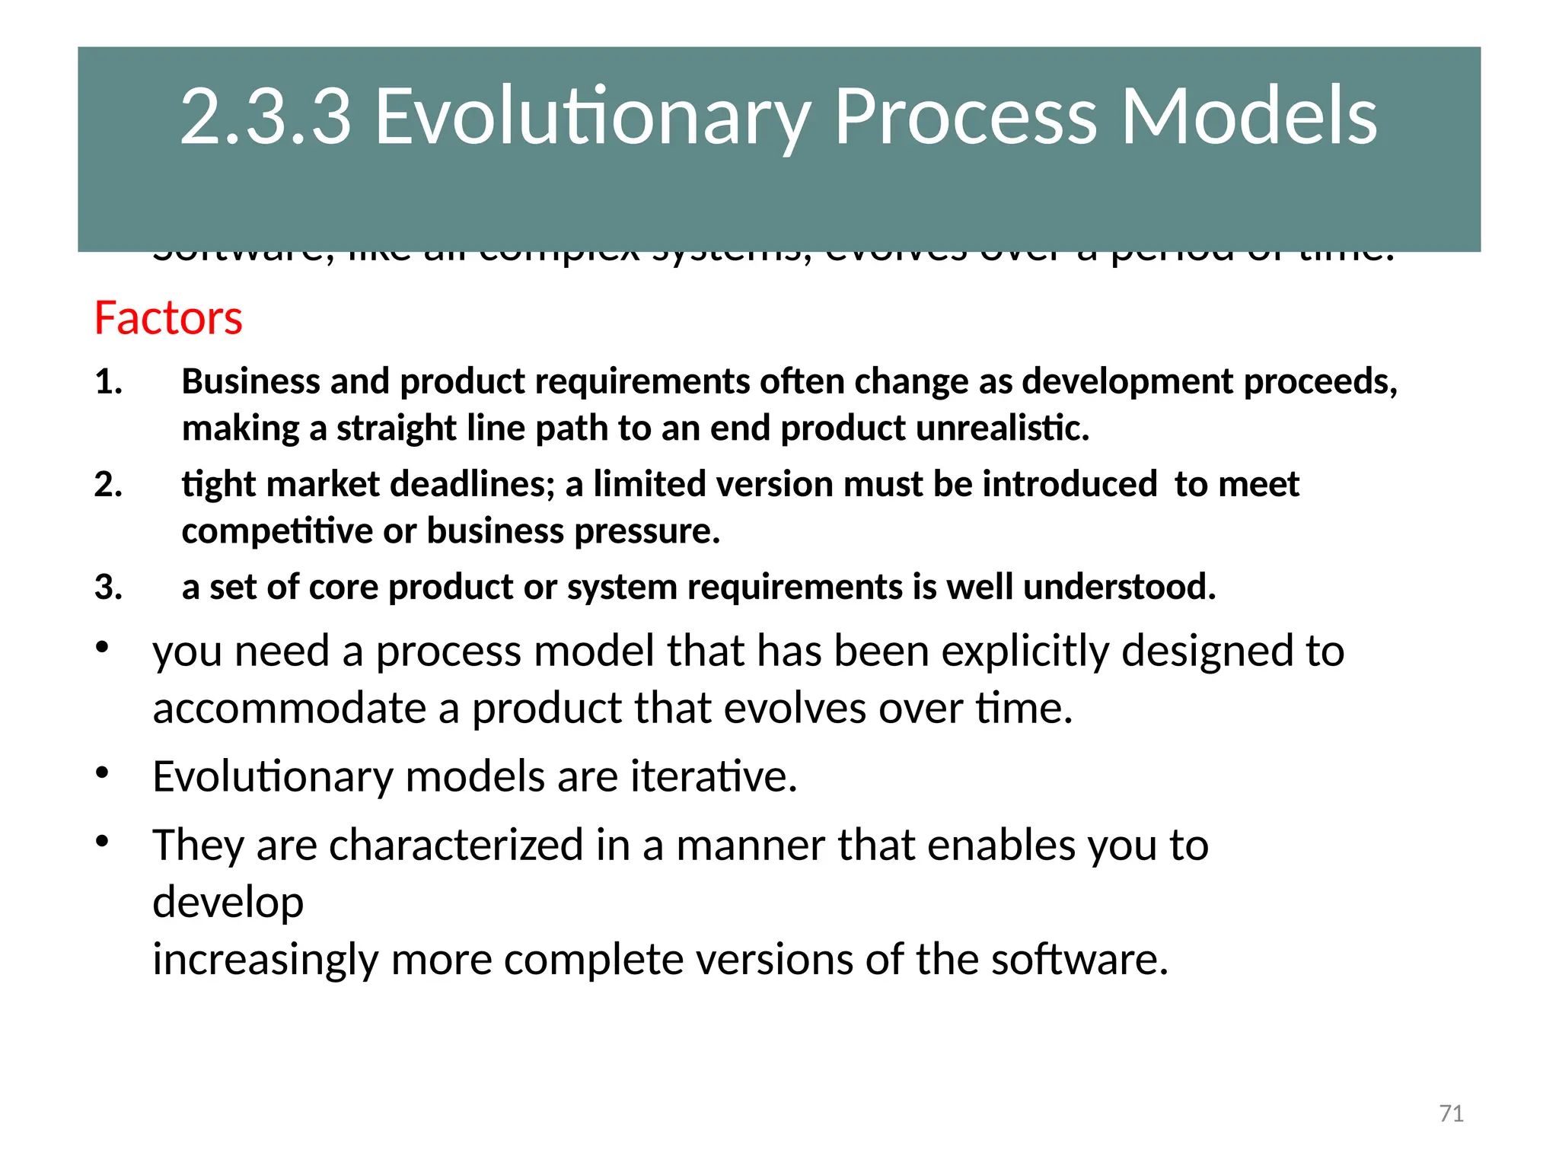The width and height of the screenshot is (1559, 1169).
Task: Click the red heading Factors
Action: click(x=168, y=318)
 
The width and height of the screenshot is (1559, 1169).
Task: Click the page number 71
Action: click(x=1451, y=1113)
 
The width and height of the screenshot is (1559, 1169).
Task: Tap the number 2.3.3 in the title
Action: click(x=266, y=116)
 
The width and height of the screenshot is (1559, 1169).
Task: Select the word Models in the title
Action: click(x=1248, y=116)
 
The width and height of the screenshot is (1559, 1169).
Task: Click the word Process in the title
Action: click(x=965, y=116)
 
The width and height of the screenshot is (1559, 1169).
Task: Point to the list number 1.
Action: click(x=108, y=381)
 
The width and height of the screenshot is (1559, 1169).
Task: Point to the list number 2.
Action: click(x=108, y=484)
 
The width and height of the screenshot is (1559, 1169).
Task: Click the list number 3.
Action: click(x=108, y=587)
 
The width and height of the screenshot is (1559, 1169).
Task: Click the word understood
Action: click(x=1119, y=587)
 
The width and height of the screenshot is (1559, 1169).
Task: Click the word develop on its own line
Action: click(x=228, y=903)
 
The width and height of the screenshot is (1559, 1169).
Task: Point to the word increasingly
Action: click(x=265, y=960)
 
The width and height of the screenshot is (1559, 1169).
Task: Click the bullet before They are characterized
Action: click(x=104, y=842)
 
